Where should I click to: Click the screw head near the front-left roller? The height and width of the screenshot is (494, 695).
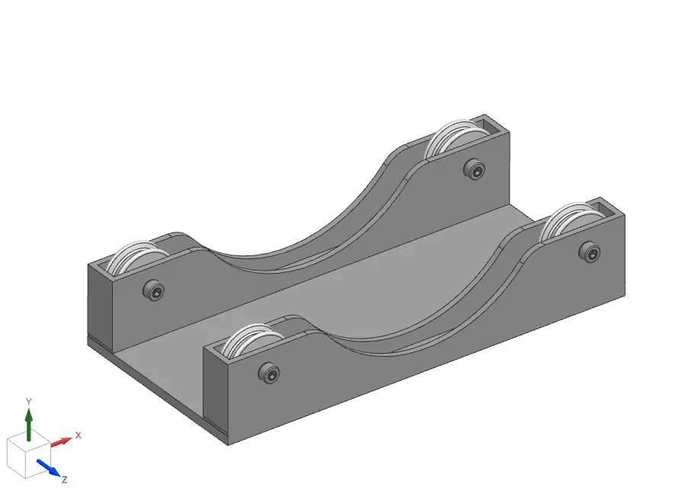click(x=269, y=373)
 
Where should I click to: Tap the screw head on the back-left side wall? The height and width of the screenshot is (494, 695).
click(x=153, y=290)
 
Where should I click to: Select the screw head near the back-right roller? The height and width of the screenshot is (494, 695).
click(x=474, y=169)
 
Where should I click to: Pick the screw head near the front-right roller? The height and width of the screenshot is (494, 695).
click(x=590, y=252)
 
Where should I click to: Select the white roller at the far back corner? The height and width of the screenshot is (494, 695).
click(x=456, y=137)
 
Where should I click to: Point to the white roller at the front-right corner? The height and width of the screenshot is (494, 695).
click(x=572, y=222)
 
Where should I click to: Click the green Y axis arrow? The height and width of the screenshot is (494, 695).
click(x=29, y=425)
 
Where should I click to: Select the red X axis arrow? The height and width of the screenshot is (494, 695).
click(x=61, y=442)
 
